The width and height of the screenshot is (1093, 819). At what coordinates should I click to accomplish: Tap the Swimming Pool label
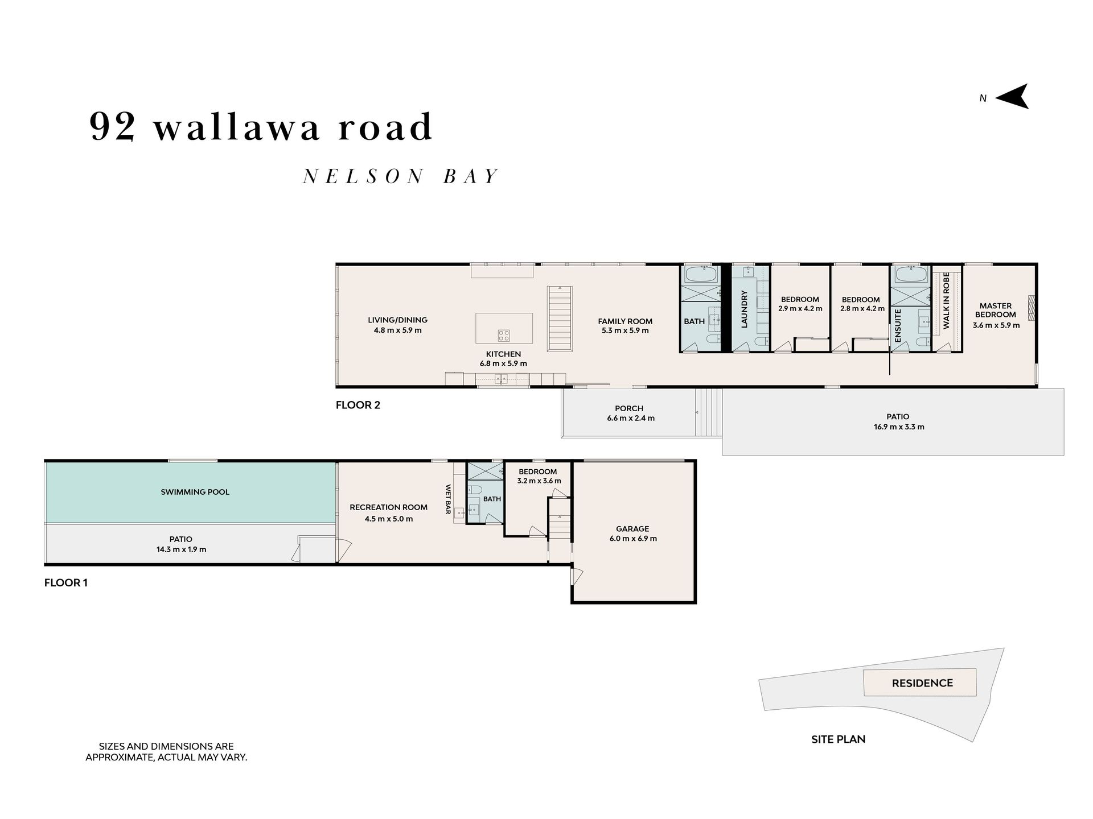click(195, 492)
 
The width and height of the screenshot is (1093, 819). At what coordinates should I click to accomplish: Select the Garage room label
click(632, 529)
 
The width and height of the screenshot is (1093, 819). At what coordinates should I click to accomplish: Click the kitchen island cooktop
click(504, 335)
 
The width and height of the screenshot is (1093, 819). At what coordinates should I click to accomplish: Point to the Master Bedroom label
click(996, 310)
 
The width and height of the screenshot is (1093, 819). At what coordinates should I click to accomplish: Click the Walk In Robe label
click(947, 300)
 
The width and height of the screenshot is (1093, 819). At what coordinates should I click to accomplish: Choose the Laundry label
click(743, 309)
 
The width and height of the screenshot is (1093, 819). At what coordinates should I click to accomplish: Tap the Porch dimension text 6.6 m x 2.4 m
click(630, 418)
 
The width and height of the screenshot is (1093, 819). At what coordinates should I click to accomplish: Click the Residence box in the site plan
click(920, 682)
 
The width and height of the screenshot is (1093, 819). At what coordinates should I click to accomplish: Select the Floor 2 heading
click(358, 405)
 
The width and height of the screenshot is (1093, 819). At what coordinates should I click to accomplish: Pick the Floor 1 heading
click(66, 582)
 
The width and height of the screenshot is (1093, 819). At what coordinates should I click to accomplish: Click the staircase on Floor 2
click(560, 318)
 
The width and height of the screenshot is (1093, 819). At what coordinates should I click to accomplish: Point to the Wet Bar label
click(448, 499)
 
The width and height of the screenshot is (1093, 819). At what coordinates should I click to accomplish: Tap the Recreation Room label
click(388, 507)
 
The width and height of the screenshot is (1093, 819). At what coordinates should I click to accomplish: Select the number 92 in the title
click(112, 126)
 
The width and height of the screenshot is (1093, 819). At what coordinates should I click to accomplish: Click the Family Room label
click(625, 321)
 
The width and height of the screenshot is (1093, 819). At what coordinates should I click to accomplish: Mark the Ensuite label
click(898, 325)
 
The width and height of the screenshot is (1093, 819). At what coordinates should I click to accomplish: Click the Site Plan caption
click(838, 739)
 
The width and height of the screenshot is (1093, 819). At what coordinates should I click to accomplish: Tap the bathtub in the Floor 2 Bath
click(701, 275)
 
